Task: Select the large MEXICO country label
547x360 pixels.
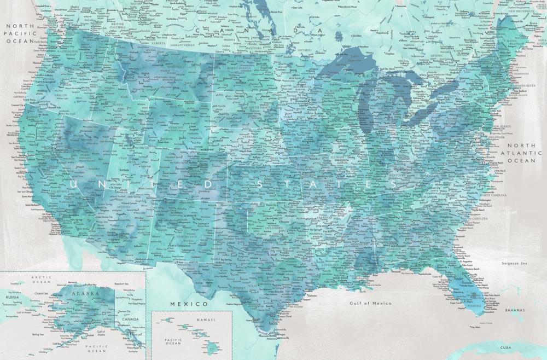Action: [189, 304]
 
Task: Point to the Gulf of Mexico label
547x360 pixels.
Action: [371, 303]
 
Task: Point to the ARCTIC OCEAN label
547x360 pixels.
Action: [42, 280]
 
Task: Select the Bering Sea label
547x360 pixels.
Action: [37, 334]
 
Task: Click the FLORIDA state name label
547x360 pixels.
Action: [474, 305]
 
